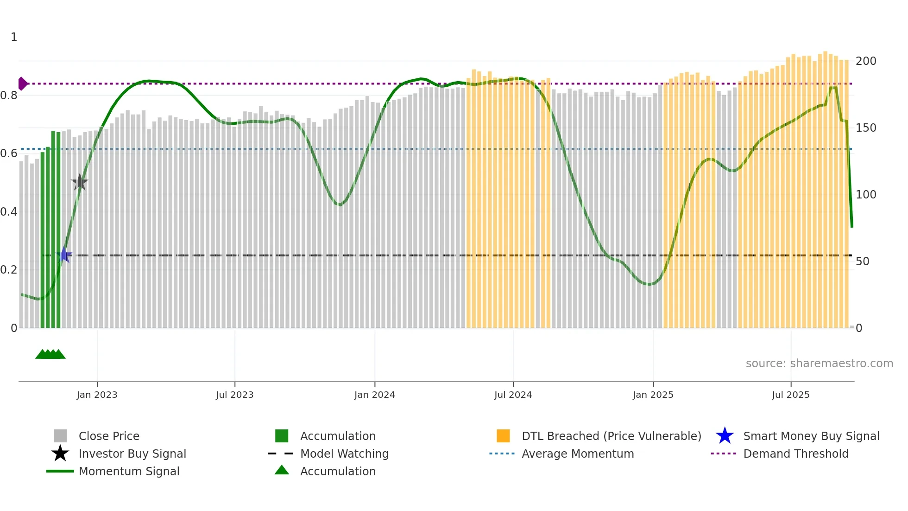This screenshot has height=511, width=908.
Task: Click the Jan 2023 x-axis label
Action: click(x=97, y=395)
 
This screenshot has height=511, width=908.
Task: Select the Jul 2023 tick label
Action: click(x=235, y=395)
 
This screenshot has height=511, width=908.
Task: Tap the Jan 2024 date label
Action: click(x=374, y=395)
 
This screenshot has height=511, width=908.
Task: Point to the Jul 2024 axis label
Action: click(x=513, y=395)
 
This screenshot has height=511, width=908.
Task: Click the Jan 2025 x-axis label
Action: click(x=653, y=395)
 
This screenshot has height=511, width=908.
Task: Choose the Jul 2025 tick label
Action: click(x=791, y=395)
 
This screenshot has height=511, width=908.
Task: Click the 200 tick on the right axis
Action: click(x=866, y=61)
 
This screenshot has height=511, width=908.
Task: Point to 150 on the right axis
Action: click(x=866, y=128)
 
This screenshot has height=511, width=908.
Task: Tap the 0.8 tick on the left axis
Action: click(x=9, y=96)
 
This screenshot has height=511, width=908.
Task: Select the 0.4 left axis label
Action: click(x=9, y=212)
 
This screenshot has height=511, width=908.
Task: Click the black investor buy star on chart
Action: click(x=80, y=182)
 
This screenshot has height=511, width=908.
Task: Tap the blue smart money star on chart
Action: click(x=64, y=255)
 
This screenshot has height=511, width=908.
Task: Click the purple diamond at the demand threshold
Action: click(x=22, y=83)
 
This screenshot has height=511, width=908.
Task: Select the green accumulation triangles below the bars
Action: click(x=50, y=354)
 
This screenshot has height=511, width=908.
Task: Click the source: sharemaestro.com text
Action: click(x=819, y=364)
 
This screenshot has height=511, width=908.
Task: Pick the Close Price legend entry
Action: click(x=109, y=436)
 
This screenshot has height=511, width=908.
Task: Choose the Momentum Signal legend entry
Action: click(x=129, y=471)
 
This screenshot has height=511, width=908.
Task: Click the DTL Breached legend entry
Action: click(x=611, y=436)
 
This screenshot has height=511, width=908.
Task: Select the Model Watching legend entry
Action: click(x=344, y=454)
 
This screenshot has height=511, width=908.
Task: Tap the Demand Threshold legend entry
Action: click(x=795, y=454)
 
